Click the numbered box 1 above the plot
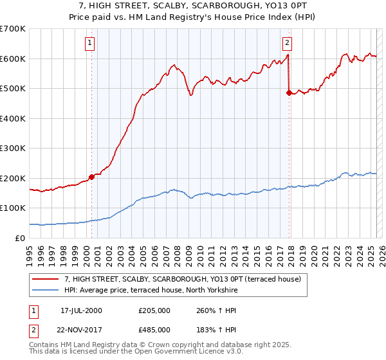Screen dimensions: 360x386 pyautogui.click(x=89, y=44)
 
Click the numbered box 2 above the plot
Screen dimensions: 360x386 pyautogui.click(x=287, y=44)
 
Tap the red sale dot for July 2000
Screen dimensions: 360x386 pyautogui.click(x=91, y=177)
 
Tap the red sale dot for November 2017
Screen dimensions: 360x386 pyautogui.click(x=289, y=93)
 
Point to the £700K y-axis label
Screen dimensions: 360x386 pyautogui.click(x=13, y=29)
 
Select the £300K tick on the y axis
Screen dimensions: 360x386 pyautogui.click(x=13, y=148)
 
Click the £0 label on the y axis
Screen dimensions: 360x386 pyautogui.click(x=21, y=238)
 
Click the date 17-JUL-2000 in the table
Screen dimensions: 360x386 pyautogui.click(x=81, y=310)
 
